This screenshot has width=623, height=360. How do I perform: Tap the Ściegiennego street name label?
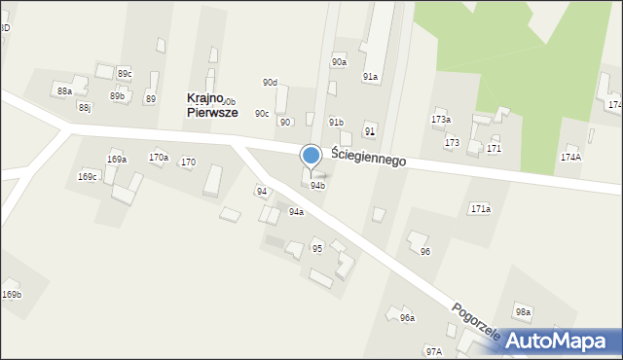coord(368,155)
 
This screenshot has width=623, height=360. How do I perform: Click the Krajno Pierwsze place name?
coord(211,105)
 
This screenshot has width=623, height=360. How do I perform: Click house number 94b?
coord(317,185)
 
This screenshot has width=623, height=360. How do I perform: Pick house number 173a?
coord(441,120)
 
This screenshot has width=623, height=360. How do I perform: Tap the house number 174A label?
coord(571,157)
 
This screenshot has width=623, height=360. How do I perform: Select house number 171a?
coord(481,209)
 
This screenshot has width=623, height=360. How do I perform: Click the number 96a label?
coord(407,318)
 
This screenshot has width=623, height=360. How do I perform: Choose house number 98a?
coord(524,312)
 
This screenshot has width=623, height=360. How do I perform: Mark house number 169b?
coord(11,294)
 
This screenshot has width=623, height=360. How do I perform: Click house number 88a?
coord(64,90)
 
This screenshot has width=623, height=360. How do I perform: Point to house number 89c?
coord(125,74)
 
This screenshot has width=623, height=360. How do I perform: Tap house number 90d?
coord(270,83)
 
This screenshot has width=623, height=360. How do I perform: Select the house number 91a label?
coord(371,76)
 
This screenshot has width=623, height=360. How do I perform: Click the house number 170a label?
coord(158,157)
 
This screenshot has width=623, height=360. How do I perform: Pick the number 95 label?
coord(317,248)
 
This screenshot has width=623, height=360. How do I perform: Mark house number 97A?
coord(433,351)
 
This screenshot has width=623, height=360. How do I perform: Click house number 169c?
coord(88,177)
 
